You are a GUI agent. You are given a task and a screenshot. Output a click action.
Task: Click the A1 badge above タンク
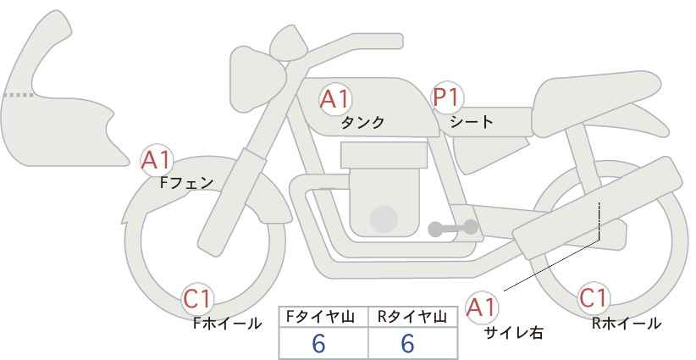tap(334, 98)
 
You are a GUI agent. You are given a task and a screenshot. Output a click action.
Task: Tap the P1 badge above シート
tap(446, 97)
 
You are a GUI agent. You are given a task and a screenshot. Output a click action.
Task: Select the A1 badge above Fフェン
tap(157, 158)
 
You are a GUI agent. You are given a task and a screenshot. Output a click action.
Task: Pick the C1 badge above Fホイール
tap(199, 299)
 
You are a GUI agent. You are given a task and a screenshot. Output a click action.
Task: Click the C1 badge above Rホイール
tap(594, 298)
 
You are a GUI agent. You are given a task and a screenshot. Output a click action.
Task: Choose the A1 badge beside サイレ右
tap(483, 306)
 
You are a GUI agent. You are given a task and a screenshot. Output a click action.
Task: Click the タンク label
tap(362, 123)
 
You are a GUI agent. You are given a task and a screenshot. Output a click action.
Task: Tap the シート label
tap(472, 122)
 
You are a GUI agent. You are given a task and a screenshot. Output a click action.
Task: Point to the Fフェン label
tap(186, 181)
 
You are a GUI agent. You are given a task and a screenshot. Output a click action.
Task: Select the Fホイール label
tap(227, 324)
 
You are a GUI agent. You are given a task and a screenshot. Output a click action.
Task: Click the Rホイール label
tap(627, 324)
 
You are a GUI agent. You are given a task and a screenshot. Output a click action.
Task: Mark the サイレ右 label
tap(513, 333)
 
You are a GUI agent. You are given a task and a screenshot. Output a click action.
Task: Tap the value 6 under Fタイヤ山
tap(319, 343)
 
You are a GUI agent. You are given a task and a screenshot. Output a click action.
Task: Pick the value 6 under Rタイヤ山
tap(407, 343)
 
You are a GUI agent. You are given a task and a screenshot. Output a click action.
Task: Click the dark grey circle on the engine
tap(384, 219)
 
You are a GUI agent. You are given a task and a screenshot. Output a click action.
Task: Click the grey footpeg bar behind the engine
tap(453, 227)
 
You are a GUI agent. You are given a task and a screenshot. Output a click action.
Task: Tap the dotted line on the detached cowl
tap(18, 96)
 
